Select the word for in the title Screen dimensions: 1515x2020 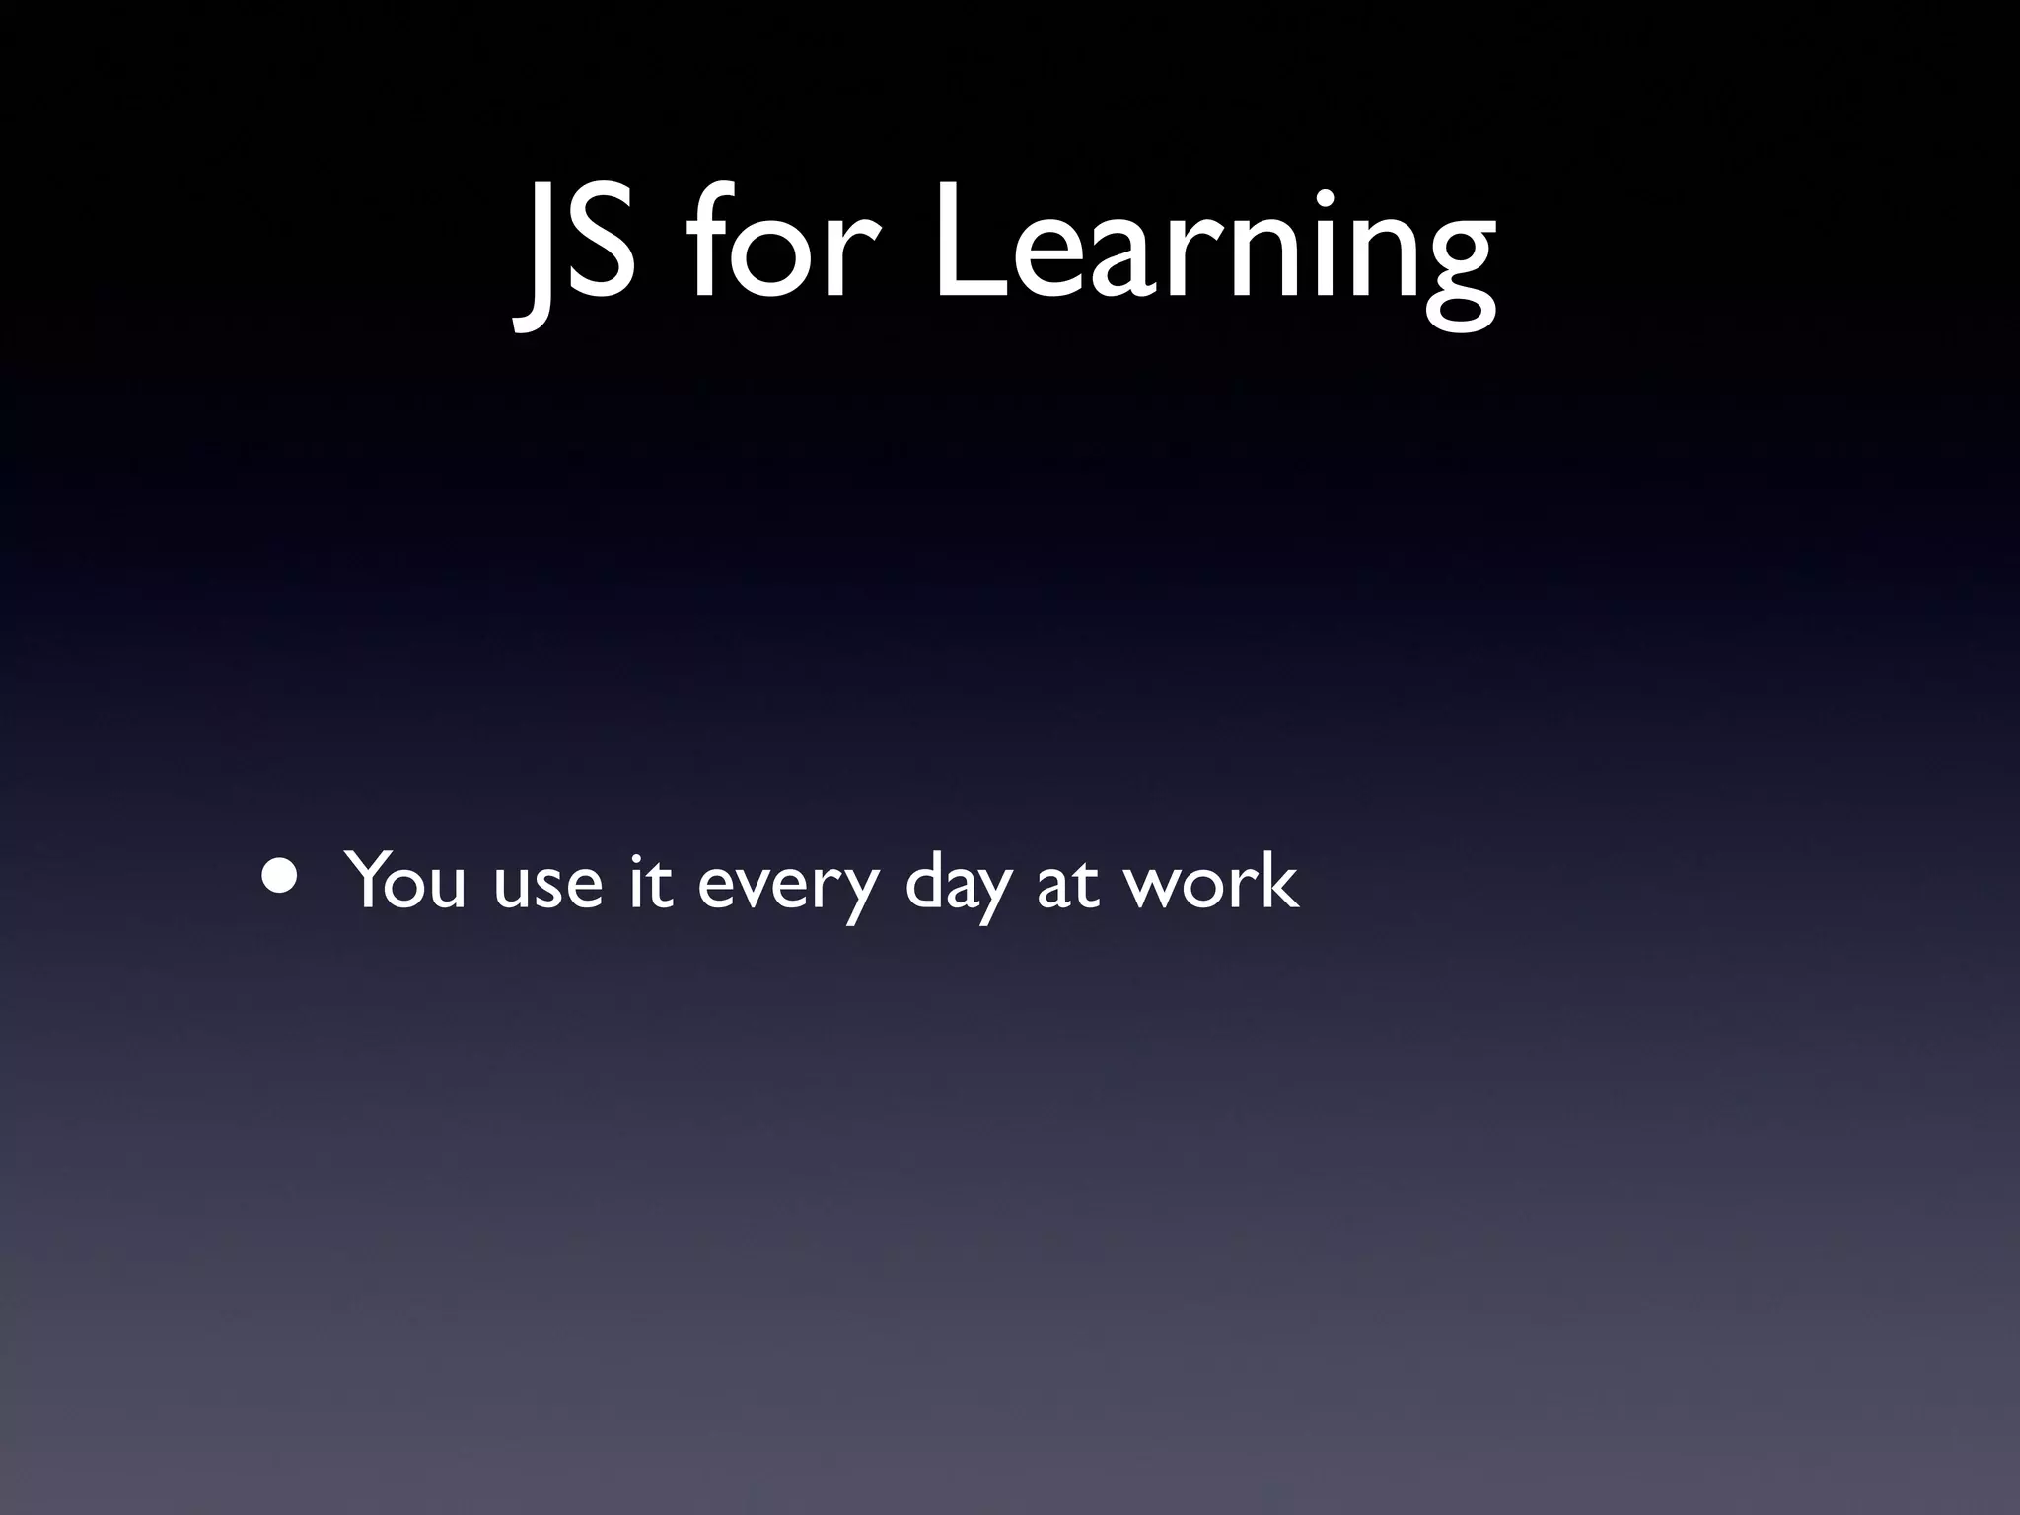pos(775,247)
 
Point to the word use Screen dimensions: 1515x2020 pos(547,884)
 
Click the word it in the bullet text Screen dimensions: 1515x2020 pos(651,880)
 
